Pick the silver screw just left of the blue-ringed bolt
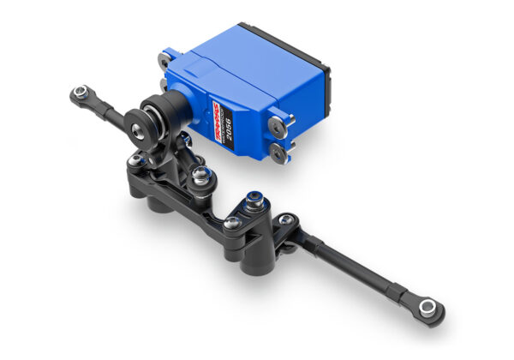[231, 222]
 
